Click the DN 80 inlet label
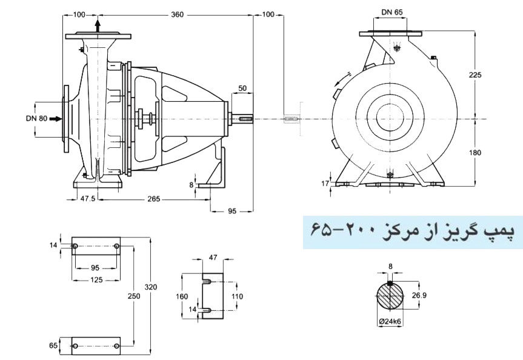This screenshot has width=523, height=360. tap(37, 119)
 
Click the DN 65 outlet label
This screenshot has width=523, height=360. tap(391, 12)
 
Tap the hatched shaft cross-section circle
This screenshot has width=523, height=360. tap(391, 297)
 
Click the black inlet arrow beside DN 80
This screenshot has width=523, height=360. tap(55, 119)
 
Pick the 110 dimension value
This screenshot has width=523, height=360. tap(238, 297)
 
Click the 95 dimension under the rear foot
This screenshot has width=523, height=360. tap(232, 212)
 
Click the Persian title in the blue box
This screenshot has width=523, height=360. tap(413, 231)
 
